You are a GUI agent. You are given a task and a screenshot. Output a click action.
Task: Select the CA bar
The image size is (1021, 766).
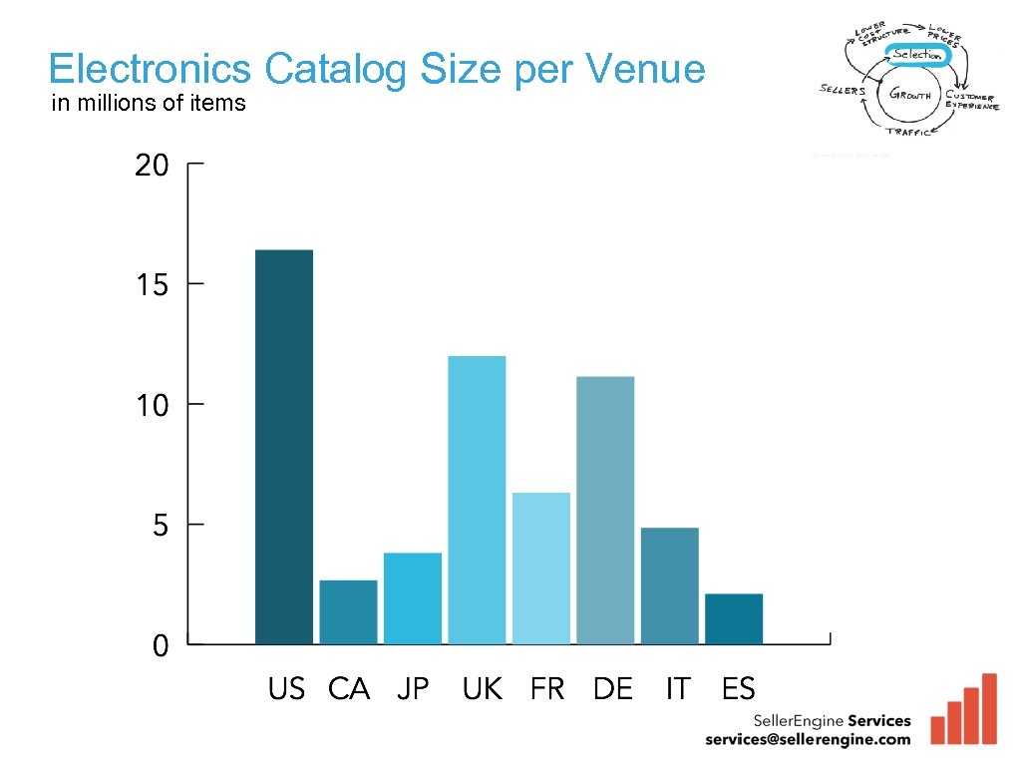(x=348, y=612)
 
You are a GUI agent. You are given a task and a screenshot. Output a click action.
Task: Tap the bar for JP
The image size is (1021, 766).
(x=413, y=598)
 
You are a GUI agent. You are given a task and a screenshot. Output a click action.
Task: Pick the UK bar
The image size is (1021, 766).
(x=477, y=500)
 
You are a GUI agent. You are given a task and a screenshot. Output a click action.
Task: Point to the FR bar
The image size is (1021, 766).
(x=541, y=569)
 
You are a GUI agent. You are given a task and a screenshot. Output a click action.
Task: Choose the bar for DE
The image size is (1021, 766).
(x=605, y=510)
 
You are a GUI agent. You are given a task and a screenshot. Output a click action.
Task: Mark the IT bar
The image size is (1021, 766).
(x=669, y=585)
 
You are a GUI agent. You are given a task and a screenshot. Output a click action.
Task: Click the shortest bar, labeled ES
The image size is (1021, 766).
(x=734, y=618)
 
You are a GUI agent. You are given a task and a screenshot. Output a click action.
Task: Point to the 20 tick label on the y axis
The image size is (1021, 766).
(x=153, y=166)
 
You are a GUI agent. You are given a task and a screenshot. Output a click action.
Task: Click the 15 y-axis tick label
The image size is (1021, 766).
(x=153, y=285)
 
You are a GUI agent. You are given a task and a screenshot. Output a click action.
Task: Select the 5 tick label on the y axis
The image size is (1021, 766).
(x=161, y=526)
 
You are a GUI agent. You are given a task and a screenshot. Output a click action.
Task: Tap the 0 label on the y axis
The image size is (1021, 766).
(x=161, y=646)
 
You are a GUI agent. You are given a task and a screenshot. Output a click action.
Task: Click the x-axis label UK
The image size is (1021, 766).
(x=483, y=689)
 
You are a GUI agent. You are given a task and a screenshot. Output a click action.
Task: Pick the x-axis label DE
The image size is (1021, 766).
(x=612, y=689)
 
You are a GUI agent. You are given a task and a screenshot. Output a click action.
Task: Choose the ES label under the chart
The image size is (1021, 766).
(x=739, y=689)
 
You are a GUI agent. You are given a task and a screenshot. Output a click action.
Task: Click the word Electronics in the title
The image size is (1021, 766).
(x=150, y=70)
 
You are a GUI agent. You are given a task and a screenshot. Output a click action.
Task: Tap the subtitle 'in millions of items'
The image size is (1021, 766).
(x=149, y=103)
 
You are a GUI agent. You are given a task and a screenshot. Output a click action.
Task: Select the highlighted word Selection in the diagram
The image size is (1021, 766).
(x=916, y=55)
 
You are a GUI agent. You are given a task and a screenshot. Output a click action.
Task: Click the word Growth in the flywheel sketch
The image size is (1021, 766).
(x=911, y=96)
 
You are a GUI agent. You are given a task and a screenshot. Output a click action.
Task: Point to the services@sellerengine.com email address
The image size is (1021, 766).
(x=808, y=739)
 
